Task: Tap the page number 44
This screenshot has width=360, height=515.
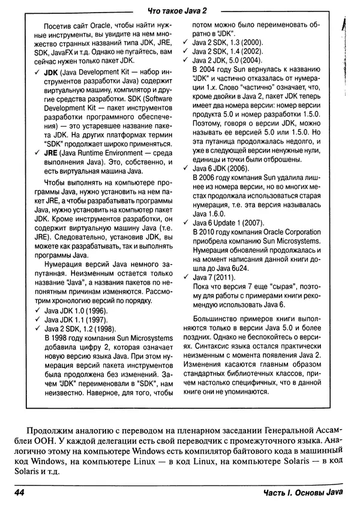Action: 13,493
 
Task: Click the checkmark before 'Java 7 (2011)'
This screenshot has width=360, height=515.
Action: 186,277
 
